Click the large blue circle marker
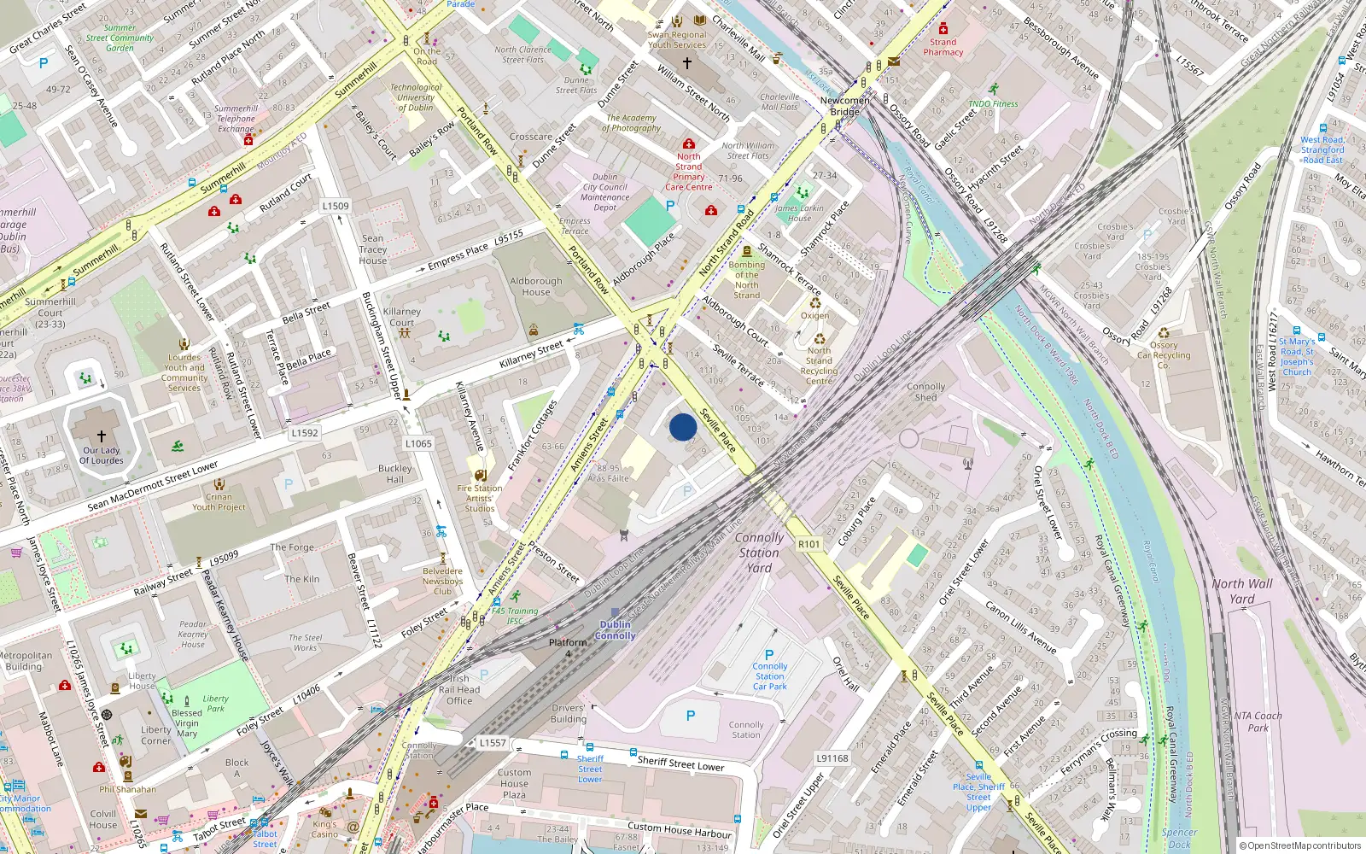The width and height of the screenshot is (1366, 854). click(683, 427)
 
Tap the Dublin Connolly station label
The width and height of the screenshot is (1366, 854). click(616, 630)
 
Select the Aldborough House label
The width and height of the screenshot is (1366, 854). click(536, 286)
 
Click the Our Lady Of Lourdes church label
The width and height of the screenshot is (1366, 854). click(102, 455)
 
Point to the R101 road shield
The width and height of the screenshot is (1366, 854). click(809, 544)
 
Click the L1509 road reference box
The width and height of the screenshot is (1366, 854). click(336, 206)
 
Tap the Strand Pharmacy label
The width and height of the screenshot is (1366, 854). click(943, 47)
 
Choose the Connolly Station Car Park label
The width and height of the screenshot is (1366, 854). click(770, 676)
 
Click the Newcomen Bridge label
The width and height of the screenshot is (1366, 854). click(844, 106)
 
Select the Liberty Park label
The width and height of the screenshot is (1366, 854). click(215, 703)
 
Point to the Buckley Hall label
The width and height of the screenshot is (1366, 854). click(394, 474)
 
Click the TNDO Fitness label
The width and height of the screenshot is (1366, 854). click(993, 103)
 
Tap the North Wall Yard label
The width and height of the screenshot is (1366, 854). click(1242, 591)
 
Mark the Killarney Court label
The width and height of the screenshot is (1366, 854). click(401, 317)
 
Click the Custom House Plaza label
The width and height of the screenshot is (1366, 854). click(514, 783)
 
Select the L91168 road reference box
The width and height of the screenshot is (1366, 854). click(832, 758)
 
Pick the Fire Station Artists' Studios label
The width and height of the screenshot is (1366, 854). click(480, 498)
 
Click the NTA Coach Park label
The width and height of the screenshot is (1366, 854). click(1258, 722)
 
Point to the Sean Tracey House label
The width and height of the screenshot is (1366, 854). click(373, 249)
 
